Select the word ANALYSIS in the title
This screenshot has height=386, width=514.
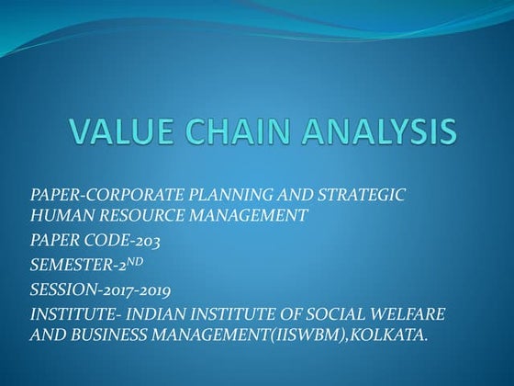377,131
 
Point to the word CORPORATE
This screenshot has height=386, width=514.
124,196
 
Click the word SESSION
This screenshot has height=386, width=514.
59,290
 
